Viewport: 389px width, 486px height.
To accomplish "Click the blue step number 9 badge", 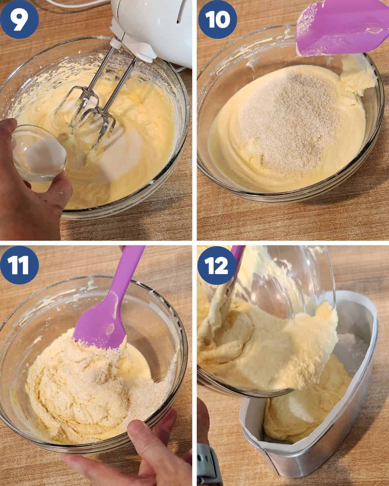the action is [19, 19].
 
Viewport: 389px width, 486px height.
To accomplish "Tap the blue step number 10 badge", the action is [218, 19].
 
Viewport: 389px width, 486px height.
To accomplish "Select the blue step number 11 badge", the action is [19, 265].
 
